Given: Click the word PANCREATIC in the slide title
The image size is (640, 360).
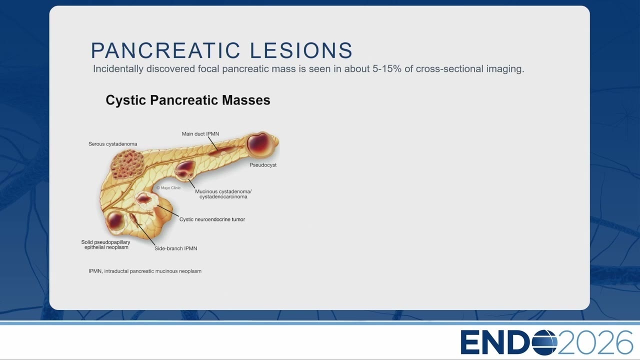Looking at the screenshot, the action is [165, 50].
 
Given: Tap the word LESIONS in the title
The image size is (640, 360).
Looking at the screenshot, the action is [301, 50].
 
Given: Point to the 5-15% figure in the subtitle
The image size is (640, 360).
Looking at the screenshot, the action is [387, 69].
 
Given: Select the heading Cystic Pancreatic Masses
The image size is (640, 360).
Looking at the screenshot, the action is [188, 100].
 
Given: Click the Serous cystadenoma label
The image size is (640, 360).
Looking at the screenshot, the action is [112, 144].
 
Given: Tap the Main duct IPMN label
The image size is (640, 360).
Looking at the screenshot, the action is [200, 133].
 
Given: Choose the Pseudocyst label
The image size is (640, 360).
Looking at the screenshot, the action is [263, 165].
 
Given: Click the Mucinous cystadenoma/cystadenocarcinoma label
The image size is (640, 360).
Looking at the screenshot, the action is [223, 194].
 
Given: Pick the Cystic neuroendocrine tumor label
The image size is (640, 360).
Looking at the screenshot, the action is [212, 219].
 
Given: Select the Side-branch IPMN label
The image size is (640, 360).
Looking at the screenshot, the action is [175, 248].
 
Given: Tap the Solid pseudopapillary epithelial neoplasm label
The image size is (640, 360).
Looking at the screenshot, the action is [105, 244].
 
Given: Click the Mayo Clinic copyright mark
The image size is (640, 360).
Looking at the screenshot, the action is [168, 187].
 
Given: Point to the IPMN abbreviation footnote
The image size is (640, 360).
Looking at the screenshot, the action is [145, 271].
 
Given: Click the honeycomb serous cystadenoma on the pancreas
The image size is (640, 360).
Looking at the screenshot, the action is [127, 164].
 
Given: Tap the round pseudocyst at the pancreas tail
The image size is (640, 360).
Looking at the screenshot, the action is [260, 145].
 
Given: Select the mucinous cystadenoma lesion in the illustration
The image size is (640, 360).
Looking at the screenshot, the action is [185, 170].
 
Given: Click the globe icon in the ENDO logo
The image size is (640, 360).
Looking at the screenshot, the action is [544, 342].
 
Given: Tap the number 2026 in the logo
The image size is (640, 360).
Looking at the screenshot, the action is [595, 342].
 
